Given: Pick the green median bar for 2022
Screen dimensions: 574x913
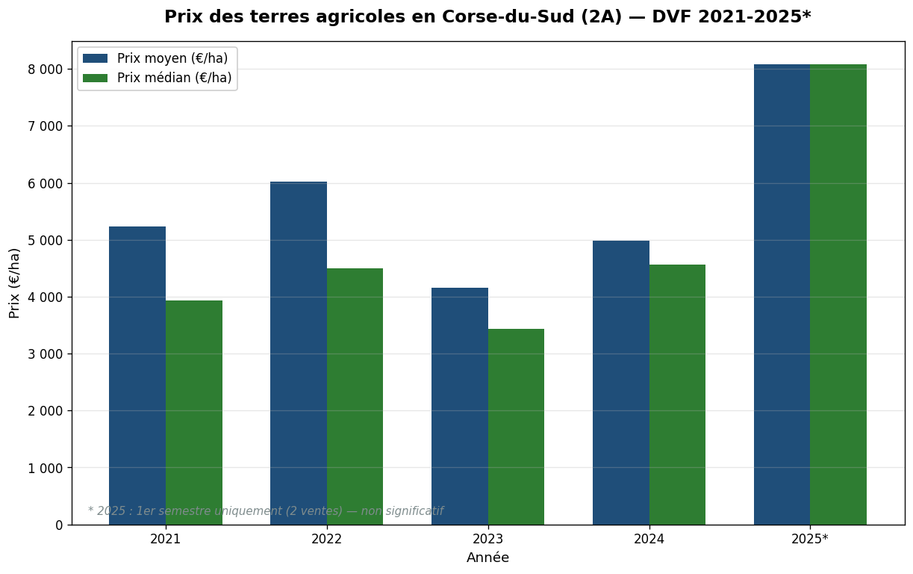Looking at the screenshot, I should (355, 396).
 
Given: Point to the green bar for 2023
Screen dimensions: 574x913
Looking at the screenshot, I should (516, 427).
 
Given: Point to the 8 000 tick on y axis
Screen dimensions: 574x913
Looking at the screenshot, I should (45, 70).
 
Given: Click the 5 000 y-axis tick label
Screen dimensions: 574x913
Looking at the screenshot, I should (45, 241).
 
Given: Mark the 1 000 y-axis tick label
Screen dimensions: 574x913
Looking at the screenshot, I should (45, 469).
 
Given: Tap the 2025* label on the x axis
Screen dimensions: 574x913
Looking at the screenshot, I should (810, 539).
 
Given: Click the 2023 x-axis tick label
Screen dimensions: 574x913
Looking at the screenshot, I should (487, 539).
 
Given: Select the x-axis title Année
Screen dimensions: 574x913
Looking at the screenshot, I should (487, 558).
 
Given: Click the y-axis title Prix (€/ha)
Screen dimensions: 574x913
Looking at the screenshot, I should (15, 283).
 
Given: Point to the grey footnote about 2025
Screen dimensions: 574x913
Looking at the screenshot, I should (266, 511).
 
